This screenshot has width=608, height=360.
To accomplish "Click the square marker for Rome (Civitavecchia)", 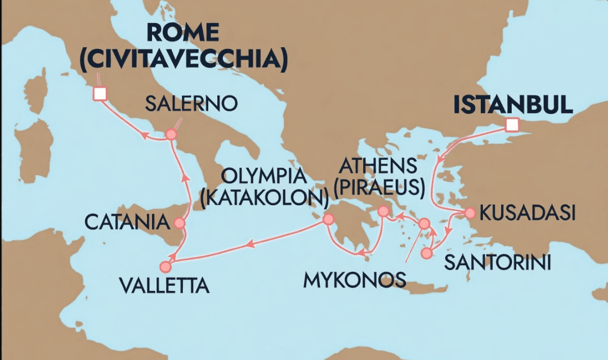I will coord(100,94).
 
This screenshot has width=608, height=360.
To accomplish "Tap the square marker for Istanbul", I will coord(511,125).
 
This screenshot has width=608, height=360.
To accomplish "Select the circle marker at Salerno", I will coord(171,135).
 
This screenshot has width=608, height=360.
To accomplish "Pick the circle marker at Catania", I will coord(180,223).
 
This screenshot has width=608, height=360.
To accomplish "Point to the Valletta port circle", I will coord(165,266).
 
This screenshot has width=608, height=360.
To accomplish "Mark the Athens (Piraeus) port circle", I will coord(383,211).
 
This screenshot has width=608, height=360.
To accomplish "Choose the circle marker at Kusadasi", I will coord(469,213).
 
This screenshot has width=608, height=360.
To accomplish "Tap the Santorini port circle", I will coord(426,253).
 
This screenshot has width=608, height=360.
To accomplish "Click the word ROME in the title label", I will coord(184,33).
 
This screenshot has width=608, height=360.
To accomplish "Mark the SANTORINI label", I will coord(497,263).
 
